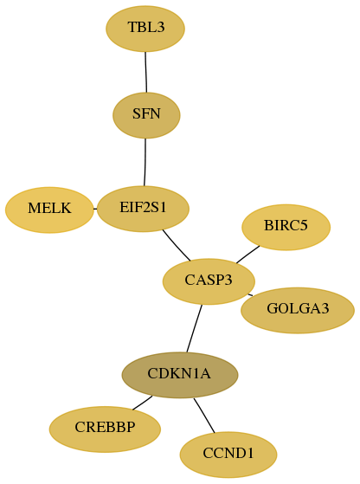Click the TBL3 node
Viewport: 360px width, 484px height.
click(x=145, y=29)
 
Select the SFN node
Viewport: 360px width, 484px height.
click(x=146, y=115)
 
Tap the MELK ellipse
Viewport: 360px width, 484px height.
click(x=49, y=210)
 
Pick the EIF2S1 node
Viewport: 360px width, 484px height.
click(x=143, y=209)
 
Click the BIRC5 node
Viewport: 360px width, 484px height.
click(x=286, y=227)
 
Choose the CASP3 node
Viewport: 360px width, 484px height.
click(x=209, y=281)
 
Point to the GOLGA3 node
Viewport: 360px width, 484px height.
click(x=298, y=310)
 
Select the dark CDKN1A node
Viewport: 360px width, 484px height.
click(x=180, y=375)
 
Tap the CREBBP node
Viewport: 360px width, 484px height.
click(x=105, y=429)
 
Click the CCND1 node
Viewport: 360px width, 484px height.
click(x=228, y=455)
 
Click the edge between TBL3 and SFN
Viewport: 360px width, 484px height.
click(x=146, y=72)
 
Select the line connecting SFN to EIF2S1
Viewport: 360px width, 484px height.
click(x=145, y=163)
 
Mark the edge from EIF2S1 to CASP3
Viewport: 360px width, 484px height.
click(x=176, y=246)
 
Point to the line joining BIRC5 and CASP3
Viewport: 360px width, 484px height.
click(x=248, y=255)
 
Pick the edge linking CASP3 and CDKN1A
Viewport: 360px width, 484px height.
click(x=195, y=328)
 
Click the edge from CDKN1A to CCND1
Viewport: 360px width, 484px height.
click(x=204, y=416)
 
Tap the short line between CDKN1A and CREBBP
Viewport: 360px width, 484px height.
click(x=143, y=403)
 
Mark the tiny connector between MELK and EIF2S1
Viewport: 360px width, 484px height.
click(x=95, y=209)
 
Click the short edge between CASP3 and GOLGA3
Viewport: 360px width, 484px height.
click(x=250, y=295)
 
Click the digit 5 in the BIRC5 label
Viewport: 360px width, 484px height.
click(x=305, y=225)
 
